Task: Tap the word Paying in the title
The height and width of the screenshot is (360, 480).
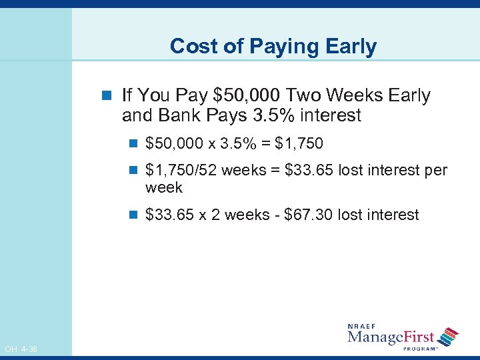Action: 279,46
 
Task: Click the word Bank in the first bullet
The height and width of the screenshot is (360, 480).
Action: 179,115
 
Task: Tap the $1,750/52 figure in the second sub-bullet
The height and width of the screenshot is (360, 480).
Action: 180,170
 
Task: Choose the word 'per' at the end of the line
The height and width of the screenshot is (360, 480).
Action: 435,170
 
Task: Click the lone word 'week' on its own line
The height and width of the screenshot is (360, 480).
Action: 163,188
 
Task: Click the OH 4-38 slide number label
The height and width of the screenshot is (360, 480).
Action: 21,349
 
